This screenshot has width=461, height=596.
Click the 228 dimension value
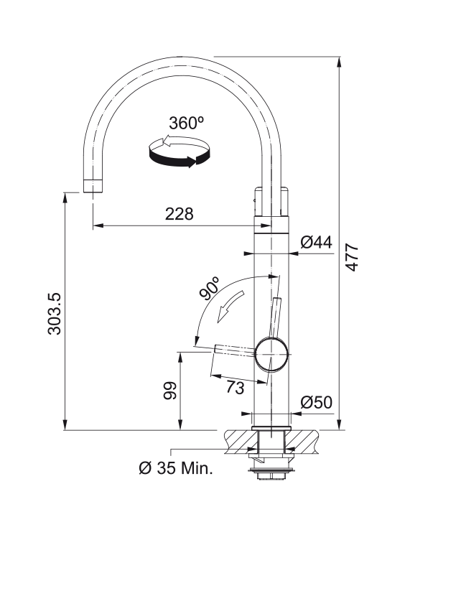(x=179, y=214)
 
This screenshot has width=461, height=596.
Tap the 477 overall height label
(x=353, y=257)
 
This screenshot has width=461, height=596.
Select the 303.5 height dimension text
(x=55, y=314)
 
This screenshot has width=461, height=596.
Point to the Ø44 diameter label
(x=316, y=242)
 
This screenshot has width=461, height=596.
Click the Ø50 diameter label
(x=316, y=402)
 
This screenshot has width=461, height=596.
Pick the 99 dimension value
(x=170, y=391)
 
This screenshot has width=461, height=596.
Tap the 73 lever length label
(x=236, y=388)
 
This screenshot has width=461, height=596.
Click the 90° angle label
(x=210, y=289)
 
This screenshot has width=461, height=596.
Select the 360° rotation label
(x=186, y=123)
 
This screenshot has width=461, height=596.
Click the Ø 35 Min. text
(x=176, y=468)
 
